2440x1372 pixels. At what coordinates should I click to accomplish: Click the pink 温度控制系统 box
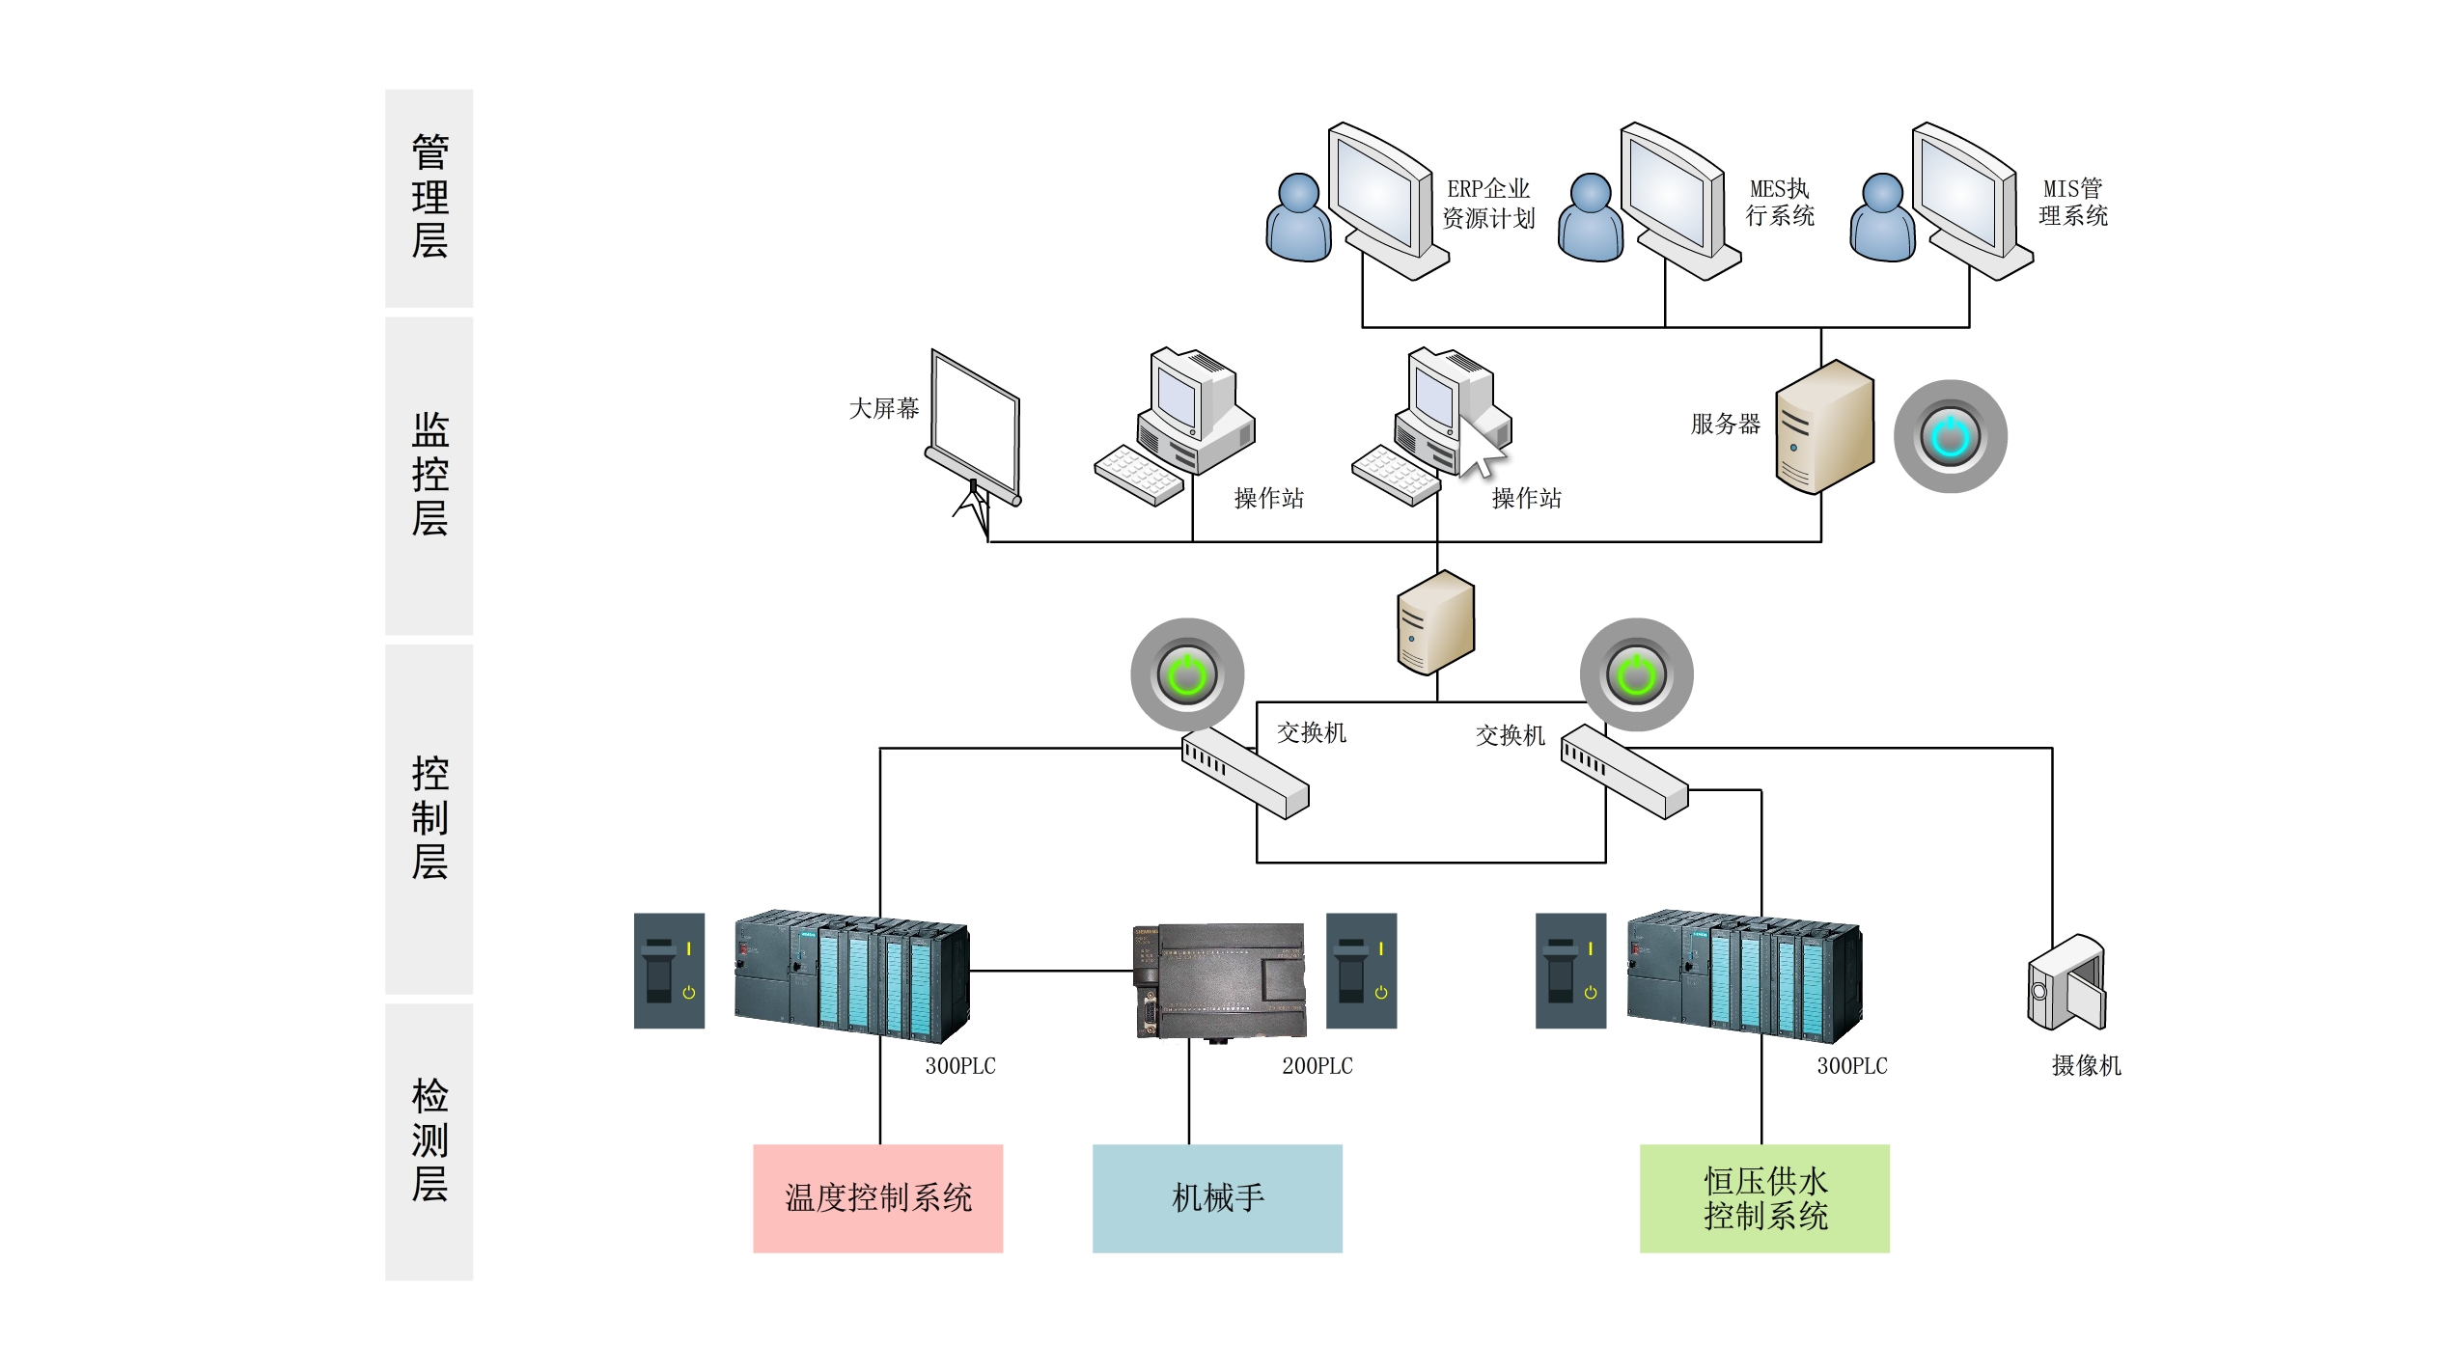coord(877,1197)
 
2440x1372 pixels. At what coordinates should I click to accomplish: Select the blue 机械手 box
coord(1216,1197)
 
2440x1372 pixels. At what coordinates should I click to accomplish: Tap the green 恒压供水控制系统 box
coord(1763,1197)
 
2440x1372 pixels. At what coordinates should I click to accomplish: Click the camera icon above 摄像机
coord(2066,982)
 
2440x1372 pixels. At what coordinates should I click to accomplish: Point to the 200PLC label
coord(1317,1066)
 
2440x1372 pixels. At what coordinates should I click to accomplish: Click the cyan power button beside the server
coord(1950,436)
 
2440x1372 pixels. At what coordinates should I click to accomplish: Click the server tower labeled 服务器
coord(1823,426)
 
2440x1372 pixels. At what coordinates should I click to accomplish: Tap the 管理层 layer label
coord(430,197)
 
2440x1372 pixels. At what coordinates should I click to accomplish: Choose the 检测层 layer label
coord(430,1140)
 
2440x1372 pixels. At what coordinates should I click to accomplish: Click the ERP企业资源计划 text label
coord(1487,204)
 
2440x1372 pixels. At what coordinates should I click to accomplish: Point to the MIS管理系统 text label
coord(2072,203)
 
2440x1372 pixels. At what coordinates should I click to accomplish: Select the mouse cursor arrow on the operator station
coord(1480,448)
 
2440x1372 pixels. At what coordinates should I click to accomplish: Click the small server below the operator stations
coord(1435,622)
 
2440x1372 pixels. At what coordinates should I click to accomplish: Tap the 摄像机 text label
coord(2086,1066)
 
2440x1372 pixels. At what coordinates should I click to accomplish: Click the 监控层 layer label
coord(430,474)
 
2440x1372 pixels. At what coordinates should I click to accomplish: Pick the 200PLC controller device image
coord(1220,980)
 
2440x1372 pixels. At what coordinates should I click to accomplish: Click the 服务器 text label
coord(1725,424)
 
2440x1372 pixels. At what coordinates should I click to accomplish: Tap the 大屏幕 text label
coord(883,409)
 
